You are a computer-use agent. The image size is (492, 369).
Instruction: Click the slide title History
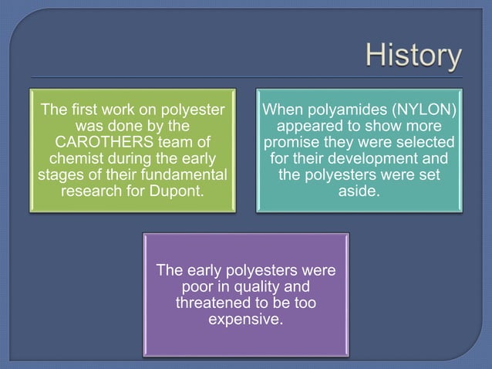(x=413, y=56)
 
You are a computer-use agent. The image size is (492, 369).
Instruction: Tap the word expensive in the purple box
(x=245, y=320)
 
